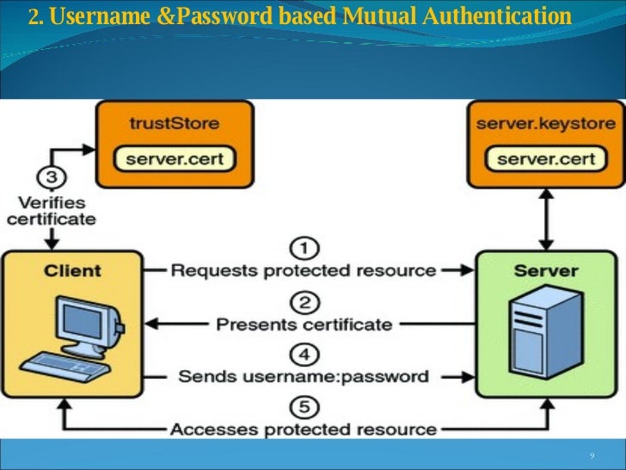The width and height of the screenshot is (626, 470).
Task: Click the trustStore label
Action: (x=174, y=123)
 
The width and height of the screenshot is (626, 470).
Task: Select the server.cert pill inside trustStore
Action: (x=175, y=159)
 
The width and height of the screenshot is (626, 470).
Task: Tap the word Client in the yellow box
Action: (x=73, y=271)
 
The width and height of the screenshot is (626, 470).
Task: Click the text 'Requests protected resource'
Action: (x=304, y=271)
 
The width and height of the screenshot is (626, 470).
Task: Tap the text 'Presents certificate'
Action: (x=304, y=325)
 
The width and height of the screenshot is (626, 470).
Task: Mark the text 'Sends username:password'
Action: (x=304, y=376)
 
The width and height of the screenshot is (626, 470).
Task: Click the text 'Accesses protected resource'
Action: (x=304, y=429)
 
